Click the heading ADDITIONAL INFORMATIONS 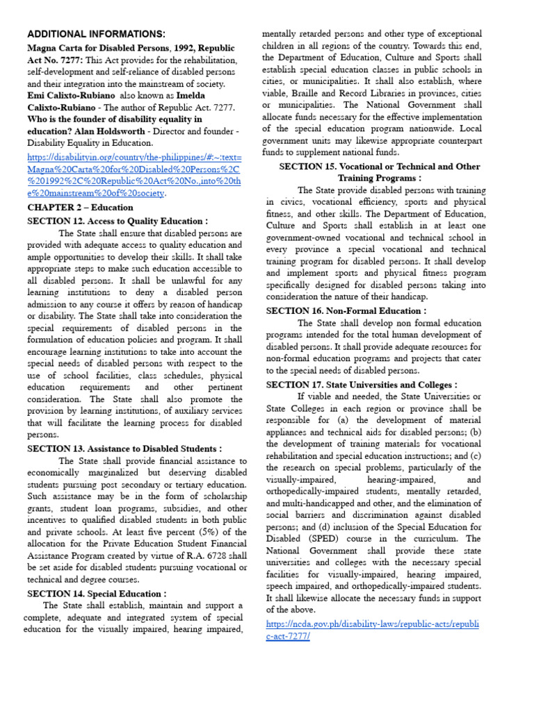(x=96, y=34)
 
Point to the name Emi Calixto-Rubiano (x=74, y=95)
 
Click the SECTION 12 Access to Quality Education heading (x=117, y=221)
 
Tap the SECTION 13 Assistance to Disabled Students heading (x=124, y=449)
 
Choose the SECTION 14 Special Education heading (x=97, y=594)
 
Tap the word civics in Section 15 (x=291, y=202)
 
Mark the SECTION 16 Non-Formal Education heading (x=346, y=311)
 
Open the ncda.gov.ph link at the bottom (x=373, y=630)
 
